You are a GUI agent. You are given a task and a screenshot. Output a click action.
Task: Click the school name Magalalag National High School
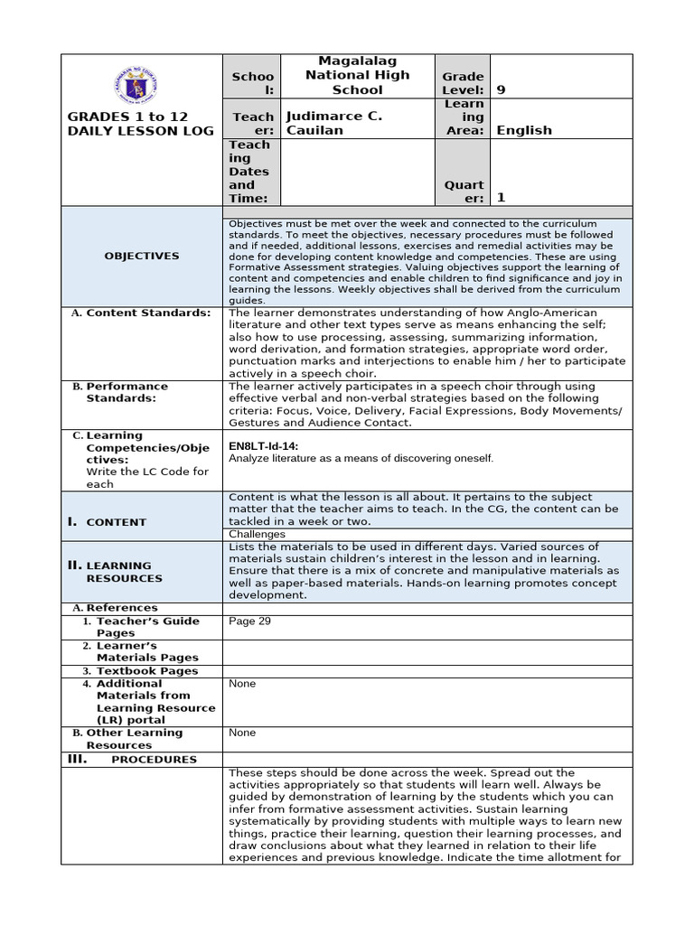click(357, 75)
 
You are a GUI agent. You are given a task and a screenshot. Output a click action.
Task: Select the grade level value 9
click(502, 89)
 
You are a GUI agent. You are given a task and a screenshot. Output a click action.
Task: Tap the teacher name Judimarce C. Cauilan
click(333, 123)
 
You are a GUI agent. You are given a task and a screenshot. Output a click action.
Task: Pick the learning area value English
click(524, 130)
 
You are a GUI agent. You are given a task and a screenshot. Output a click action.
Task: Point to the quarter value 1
click(502, 198)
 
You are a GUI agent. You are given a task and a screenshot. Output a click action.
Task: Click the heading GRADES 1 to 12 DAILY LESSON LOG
click(140, 123)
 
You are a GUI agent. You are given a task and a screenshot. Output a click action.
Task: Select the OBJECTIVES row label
click(141, 256)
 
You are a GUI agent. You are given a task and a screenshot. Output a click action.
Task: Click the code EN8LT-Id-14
click(264, 446)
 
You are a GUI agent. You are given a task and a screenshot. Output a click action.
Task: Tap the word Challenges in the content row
click(257, 534)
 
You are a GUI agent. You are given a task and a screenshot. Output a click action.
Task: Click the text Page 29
click(249, 621)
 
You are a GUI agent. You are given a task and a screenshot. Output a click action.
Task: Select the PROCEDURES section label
click(153, 760)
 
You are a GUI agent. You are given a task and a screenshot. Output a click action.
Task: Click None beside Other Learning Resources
click(242, 733)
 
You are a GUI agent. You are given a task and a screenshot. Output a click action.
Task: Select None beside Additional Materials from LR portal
click(242, 684)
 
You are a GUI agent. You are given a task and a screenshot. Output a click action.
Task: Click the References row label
click(121, 608)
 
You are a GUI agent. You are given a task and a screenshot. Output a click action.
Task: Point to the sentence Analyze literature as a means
click(361, 459)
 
